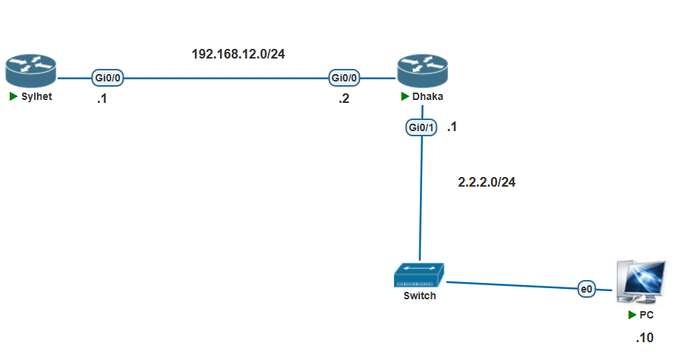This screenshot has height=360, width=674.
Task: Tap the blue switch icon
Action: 419,275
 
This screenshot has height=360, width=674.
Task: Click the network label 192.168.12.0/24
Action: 238,55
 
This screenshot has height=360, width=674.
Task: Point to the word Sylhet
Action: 37,97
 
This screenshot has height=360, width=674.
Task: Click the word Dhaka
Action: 427,97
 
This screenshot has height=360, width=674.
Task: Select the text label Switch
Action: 419,296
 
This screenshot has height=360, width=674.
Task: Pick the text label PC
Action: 646,315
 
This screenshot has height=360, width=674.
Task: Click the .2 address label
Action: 344,99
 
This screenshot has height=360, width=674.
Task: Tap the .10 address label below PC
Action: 644,339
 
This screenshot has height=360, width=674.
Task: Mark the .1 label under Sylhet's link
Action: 101,99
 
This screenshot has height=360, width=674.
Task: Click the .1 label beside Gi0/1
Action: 451,127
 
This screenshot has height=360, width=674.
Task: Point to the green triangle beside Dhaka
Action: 404,97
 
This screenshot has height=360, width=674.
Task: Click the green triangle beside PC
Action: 633,315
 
